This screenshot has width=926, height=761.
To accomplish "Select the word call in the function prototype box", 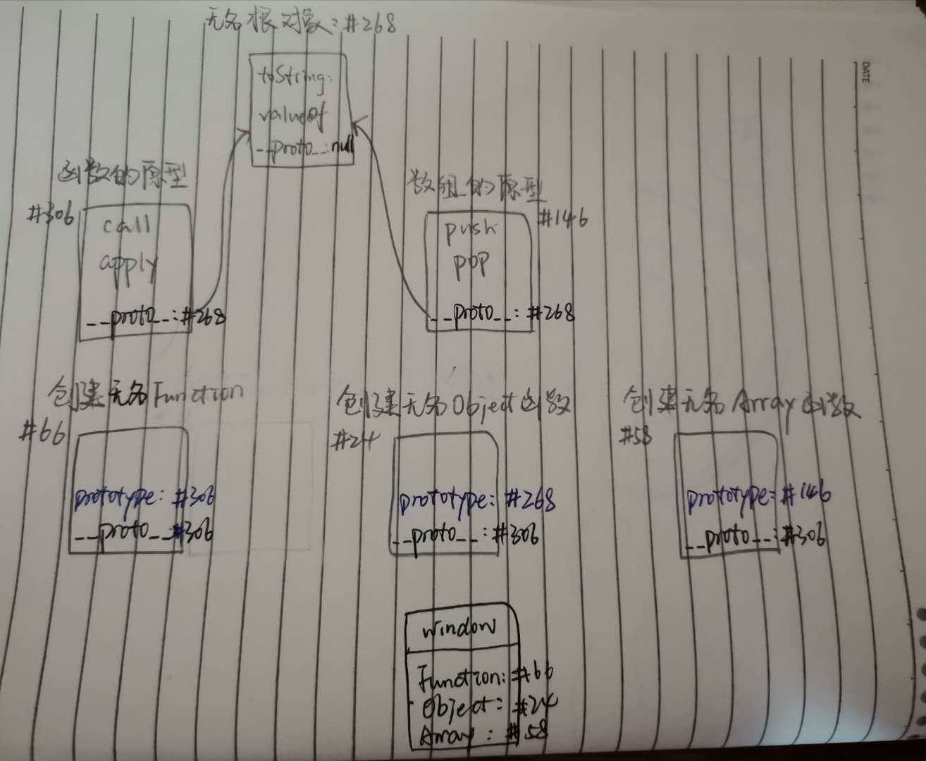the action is pos(127,226).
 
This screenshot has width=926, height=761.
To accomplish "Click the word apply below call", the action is pos(128,264).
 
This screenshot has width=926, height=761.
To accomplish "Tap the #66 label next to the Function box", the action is pos(42,433).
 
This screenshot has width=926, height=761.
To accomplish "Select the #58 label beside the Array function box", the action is pos(636,437).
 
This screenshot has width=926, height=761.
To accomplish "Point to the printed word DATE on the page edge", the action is pos(866,73).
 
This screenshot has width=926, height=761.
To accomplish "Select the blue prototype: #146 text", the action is pos(758,497).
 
